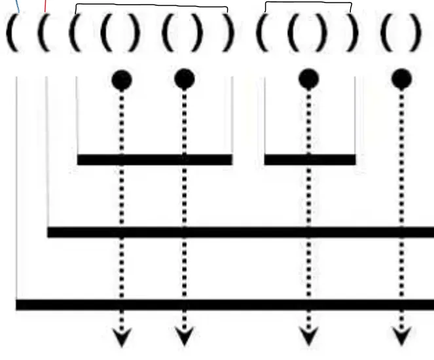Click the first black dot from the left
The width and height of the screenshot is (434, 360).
122,80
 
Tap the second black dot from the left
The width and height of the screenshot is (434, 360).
185,79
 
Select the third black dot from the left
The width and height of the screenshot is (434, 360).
308,79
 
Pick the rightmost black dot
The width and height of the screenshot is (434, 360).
401,80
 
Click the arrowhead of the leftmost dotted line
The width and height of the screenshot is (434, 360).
122,337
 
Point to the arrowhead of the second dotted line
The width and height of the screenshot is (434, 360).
185,337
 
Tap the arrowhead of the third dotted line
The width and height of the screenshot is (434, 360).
308,337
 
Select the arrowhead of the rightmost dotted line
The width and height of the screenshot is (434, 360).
401,337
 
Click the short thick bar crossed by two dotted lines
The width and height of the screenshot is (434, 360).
154,160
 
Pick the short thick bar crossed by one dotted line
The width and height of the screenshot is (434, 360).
310,160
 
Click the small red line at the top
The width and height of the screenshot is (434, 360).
45,7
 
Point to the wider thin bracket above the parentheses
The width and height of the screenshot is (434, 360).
152,7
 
